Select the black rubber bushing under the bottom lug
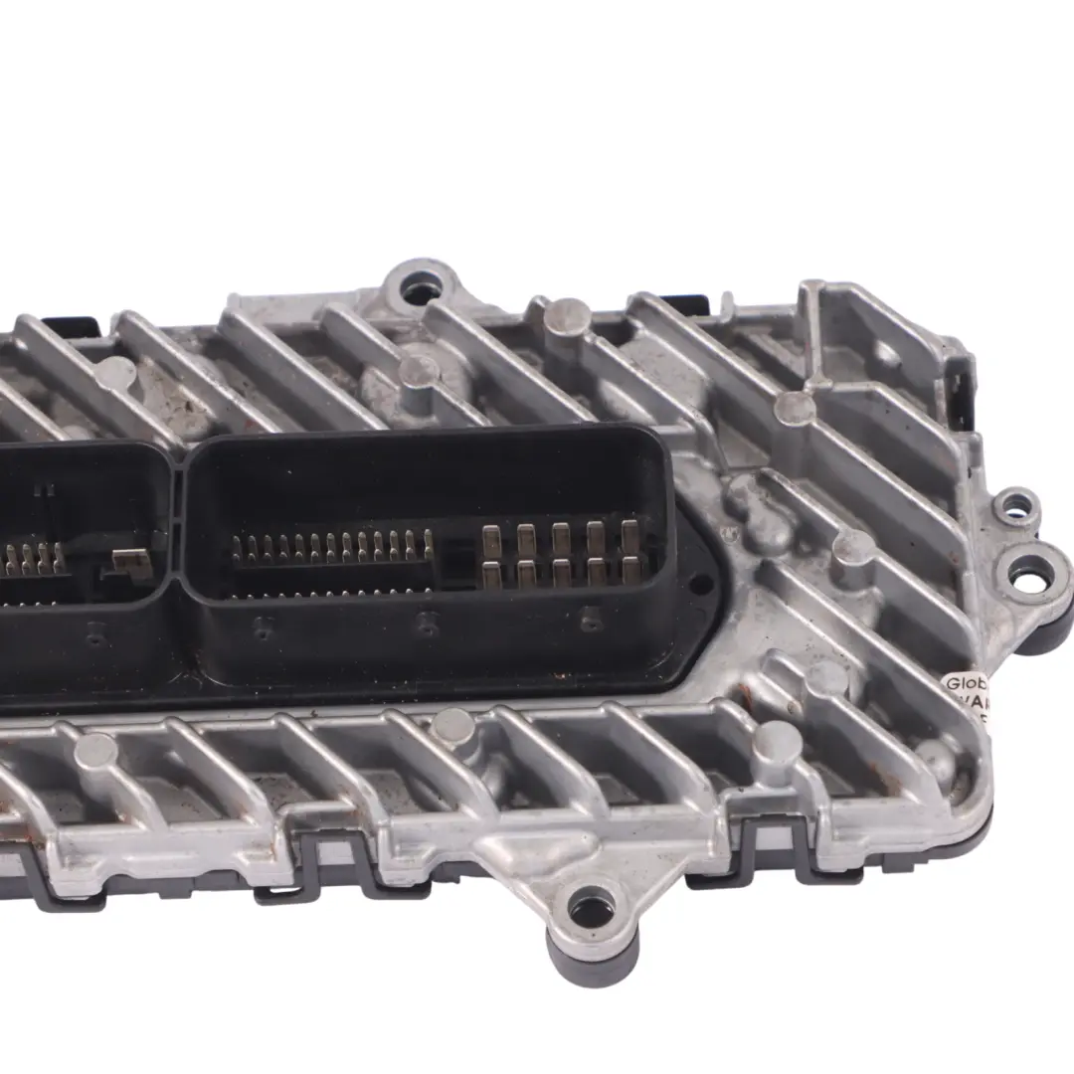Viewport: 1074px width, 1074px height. point(593,956)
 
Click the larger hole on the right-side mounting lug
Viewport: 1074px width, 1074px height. point(1030,573)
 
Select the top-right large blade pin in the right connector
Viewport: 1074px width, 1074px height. point(629,538)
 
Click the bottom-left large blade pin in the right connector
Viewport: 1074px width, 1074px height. point(492,574)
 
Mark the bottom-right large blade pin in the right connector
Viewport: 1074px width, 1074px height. point(629,570)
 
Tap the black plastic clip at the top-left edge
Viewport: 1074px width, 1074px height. point(75,325)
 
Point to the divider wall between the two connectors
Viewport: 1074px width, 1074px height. point(178,527)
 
